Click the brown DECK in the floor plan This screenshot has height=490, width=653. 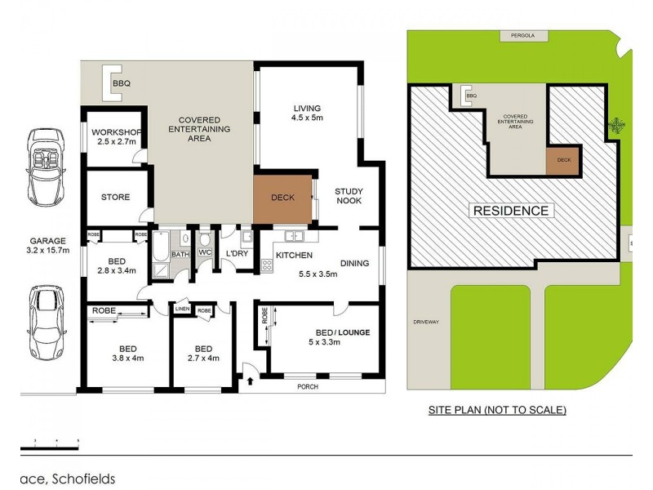click(x=282, y=198)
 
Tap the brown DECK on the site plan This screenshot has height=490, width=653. click(x=563, y=161)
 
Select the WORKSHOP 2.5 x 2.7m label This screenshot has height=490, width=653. click(x=117, y=137)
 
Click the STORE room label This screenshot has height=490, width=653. click(x=115, y=197)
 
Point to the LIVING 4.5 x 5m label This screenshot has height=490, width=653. click(x=308, y=113)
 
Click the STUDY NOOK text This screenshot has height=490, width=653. click(x=349, y=198)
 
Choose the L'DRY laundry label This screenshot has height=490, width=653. click(x=237, y=254)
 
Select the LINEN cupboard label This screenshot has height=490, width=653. click(x=182, y=310)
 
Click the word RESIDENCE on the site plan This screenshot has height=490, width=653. click(x=511, y=211)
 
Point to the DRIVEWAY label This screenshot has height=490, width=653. click(x=426, y=322)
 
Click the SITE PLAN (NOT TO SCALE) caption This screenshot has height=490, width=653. click(x=497, y=410)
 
